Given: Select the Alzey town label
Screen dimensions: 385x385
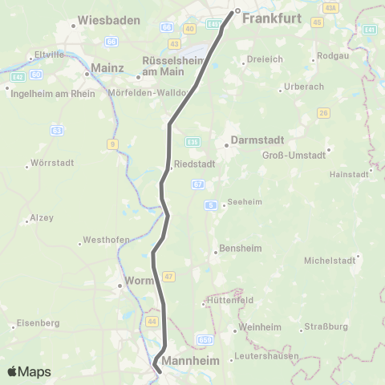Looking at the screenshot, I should (40, 217).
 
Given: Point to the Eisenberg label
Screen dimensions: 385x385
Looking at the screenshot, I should (38, 322).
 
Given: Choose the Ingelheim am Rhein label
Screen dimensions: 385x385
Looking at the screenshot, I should (52, 93).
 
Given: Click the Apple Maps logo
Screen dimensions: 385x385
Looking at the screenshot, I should (28, 371).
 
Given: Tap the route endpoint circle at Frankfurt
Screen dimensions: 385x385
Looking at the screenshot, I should (237, 11).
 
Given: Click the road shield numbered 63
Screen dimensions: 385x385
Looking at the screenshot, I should (56, 128).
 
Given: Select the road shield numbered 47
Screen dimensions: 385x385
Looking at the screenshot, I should (168, 276).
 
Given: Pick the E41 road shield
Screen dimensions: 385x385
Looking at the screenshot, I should (370, 29).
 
